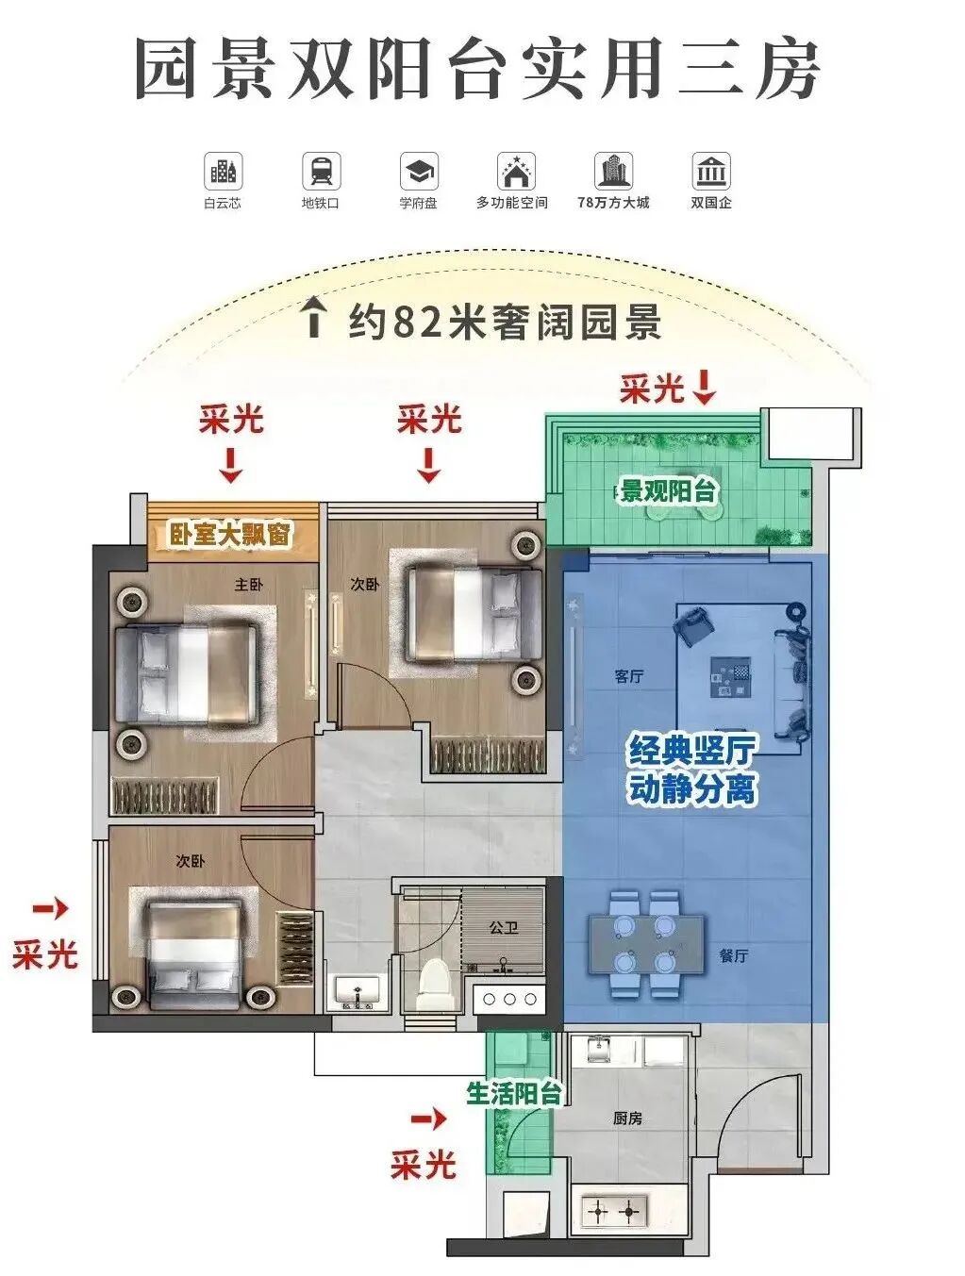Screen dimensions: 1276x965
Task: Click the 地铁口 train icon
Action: coord(321,172)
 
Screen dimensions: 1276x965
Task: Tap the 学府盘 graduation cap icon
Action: coord(418,172)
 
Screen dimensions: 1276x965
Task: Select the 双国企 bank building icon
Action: coord(710,172)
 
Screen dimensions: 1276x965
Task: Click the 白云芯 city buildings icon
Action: coord(223,172)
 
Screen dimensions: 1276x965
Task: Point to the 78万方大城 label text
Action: coord(613,203)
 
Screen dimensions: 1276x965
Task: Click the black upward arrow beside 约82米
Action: coord(313,319)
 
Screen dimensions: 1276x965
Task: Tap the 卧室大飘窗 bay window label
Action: coord(230,535)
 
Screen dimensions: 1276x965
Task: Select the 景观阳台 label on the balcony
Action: coord(668,491)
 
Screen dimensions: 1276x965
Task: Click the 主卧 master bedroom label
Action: coord(248,585)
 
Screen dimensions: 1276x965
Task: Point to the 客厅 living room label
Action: coord(628,676)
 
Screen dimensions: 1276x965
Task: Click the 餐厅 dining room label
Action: coord(733,955)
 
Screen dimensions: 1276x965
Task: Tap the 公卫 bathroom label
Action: coord(503,927)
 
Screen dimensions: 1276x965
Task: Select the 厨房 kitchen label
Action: coord(627,1118)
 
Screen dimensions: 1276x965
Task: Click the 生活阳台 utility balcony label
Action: coord(514,1093)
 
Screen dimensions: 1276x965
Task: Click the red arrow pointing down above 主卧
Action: coord(230,465)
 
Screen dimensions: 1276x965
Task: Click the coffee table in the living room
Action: coord(732,678)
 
